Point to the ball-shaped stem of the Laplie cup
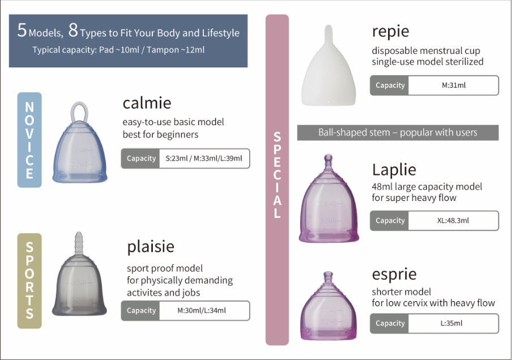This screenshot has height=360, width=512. click(328, 159)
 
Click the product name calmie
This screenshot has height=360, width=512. click(147, 103)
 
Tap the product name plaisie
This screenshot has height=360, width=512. click(151, 247)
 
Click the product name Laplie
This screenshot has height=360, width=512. click(394, 170)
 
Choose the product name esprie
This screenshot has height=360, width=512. click(394, 275)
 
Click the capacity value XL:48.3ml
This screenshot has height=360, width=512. click(453, 220)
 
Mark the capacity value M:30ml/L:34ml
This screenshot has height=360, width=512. click(202, 310)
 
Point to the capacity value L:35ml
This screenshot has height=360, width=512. click(451, 323)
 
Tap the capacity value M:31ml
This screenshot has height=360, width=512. click(454, 85)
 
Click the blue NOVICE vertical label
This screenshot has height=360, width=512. click(29, 140)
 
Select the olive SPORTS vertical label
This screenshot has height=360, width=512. click(29, 281)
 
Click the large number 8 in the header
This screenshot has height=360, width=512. click(73, 31)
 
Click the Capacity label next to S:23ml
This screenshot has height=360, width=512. click(141, 158)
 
